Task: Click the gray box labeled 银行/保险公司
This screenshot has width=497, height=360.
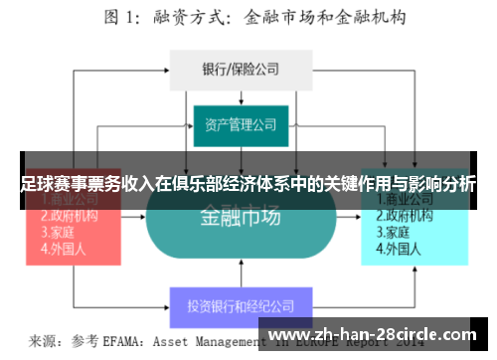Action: pos(242,71)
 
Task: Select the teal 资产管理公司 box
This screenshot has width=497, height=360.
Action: pos(241,125)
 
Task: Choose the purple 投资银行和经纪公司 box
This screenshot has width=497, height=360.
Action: pos(241,306)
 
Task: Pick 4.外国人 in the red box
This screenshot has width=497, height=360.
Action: pos(59,249)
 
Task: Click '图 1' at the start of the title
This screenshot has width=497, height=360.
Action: pos(121,17)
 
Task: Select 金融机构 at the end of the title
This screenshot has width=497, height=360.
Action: pos(379,17)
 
